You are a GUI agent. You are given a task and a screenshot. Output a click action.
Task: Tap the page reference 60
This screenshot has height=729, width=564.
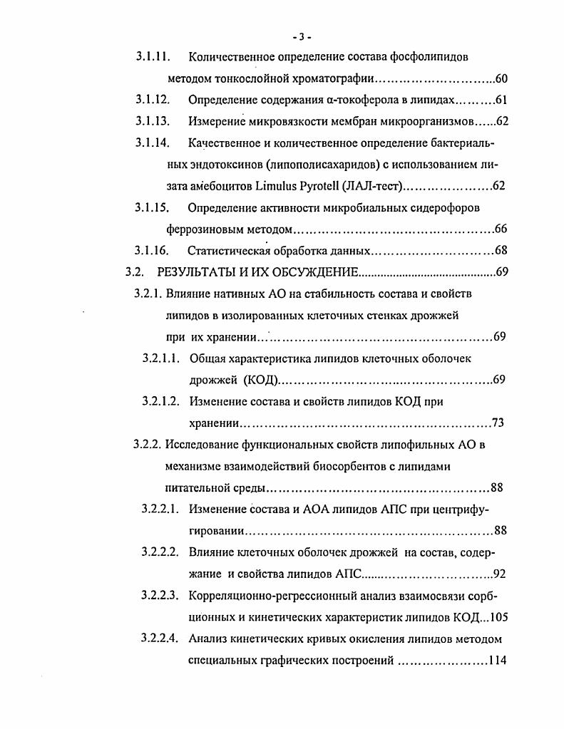[501, 78]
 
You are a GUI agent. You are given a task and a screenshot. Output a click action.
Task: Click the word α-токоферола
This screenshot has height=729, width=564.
[311, 100]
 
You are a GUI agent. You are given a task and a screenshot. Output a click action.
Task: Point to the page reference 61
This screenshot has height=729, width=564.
[501, 100]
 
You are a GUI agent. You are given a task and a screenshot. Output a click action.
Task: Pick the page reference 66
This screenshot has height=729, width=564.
[501, 229]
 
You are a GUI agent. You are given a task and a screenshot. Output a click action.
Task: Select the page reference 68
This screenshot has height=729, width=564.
[501, 251]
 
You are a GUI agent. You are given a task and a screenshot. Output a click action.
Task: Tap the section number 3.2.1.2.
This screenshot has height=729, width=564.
[160, 402]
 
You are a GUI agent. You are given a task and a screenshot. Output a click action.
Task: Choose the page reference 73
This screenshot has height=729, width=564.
[498, 423]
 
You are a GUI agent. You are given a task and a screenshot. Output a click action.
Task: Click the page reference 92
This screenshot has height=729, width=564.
[500, 574]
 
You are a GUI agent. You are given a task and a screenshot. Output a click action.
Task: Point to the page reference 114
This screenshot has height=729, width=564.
[496, 660]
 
